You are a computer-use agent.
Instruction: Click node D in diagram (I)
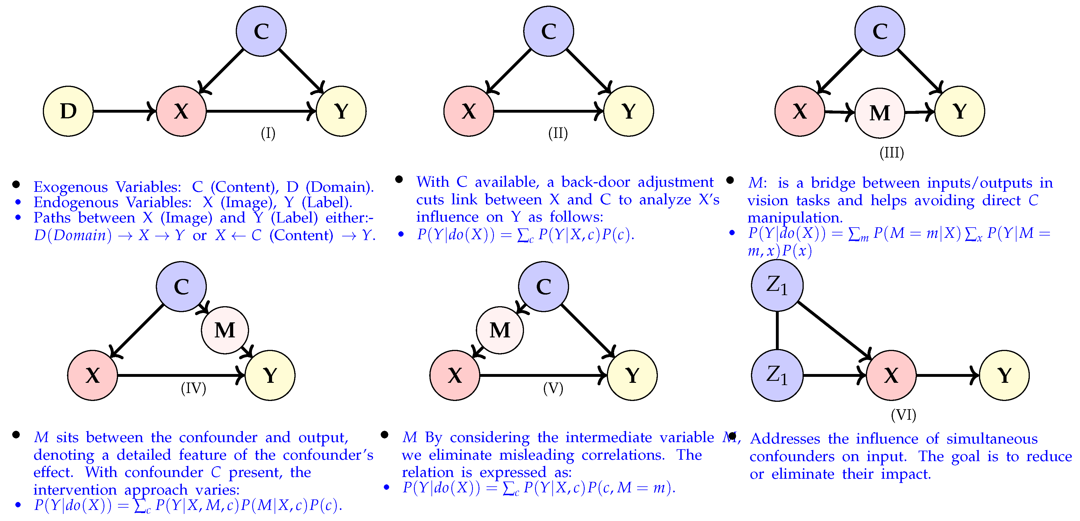pos(68,111)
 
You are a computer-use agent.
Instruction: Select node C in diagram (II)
pos(548,31)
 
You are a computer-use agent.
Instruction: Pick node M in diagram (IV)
pos(225,330)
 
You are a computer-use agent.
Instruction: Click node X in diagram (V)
pos(454,375)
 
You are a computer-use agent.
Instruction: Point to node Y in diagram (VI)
pos(1004,375)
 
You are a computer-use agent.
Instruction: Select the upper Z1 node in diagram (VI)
pos(777,285)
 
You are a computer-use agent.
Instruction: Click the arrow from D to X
pos(124,111)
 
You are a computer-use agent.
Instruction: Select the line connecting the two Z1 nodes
pos(777,331)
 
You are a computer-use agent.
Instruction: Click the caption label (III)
pos(891,152)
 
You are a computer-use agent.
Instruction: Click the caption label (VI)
pos(903,415)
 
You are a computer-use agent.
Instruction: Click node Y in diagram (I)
pos(341,111)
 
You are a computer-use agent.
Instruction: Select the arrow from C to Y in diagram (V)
pos(587,331)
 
